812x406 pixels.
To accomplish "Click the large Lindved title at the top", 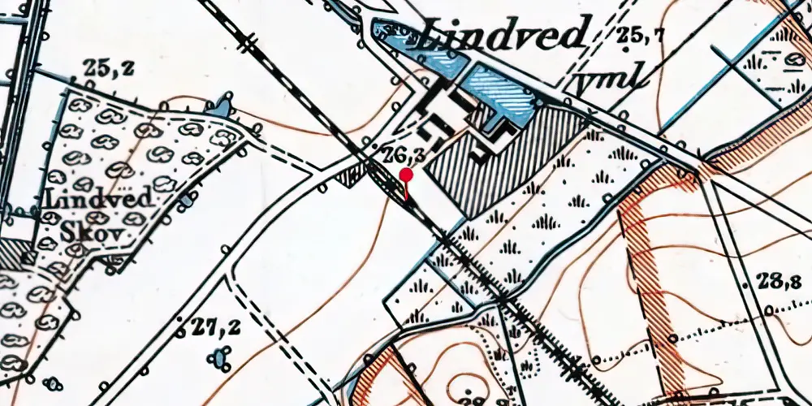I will coord(504,34).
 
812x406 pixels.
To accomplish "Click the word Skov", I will coord(95,234).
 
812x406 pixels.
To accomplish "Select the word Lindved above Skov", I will coord(89,199).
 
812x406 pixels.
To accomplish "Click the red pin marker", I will coord(407,175).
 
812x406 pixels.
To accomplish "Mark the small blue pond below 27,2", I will coord(218,356).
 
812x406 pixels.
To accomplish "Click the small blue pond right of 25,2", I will coord(218,105).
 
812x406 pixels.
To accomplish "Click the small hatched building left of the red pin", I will coord(352,172).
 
